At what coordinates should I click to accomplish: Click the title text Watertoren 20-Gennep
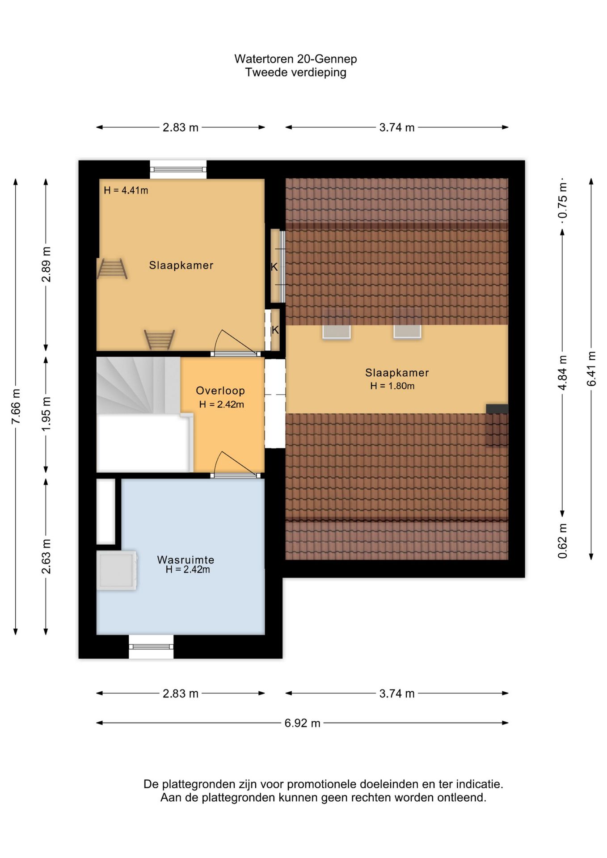coord(295,59)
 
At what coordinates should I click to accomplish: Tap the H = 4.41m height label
coord(126,190)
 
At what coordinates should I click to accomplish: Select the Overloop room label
coord(220,391)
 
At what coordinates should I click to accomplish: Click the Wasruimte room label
coord(185,559)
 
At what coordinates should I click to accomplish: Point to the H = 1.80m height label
coord(392,386)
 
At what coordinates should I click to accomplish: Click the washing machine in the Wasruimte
coord(117,570)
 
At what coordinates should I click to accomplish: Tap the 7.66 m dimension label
coord(16,407)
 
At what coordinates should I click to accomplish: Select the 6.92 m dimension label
coord(303,723)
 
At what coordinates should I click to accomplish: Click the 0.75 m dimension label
coord(563,200)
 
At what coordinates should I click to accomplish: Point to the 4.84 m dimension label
coord(563,373)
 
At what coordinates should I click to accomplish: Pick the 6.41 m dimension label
coord(591,369)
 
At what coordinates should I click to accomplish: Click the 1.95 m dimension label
coord(46,413)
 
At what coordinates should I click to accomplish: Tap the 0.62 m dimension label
coord(563,541)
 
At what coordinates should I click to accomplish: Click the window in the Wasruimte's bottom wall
coord(151,646)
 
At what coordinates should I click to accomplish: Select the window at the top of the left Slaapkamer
coord(178,169)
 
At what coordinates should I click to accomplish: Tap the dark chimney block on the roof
coord(497,408)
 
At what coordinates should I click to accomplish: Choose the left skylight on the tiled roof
coord(336,331)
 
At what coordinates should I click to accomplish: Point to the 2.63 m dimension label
coord(46,556)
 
